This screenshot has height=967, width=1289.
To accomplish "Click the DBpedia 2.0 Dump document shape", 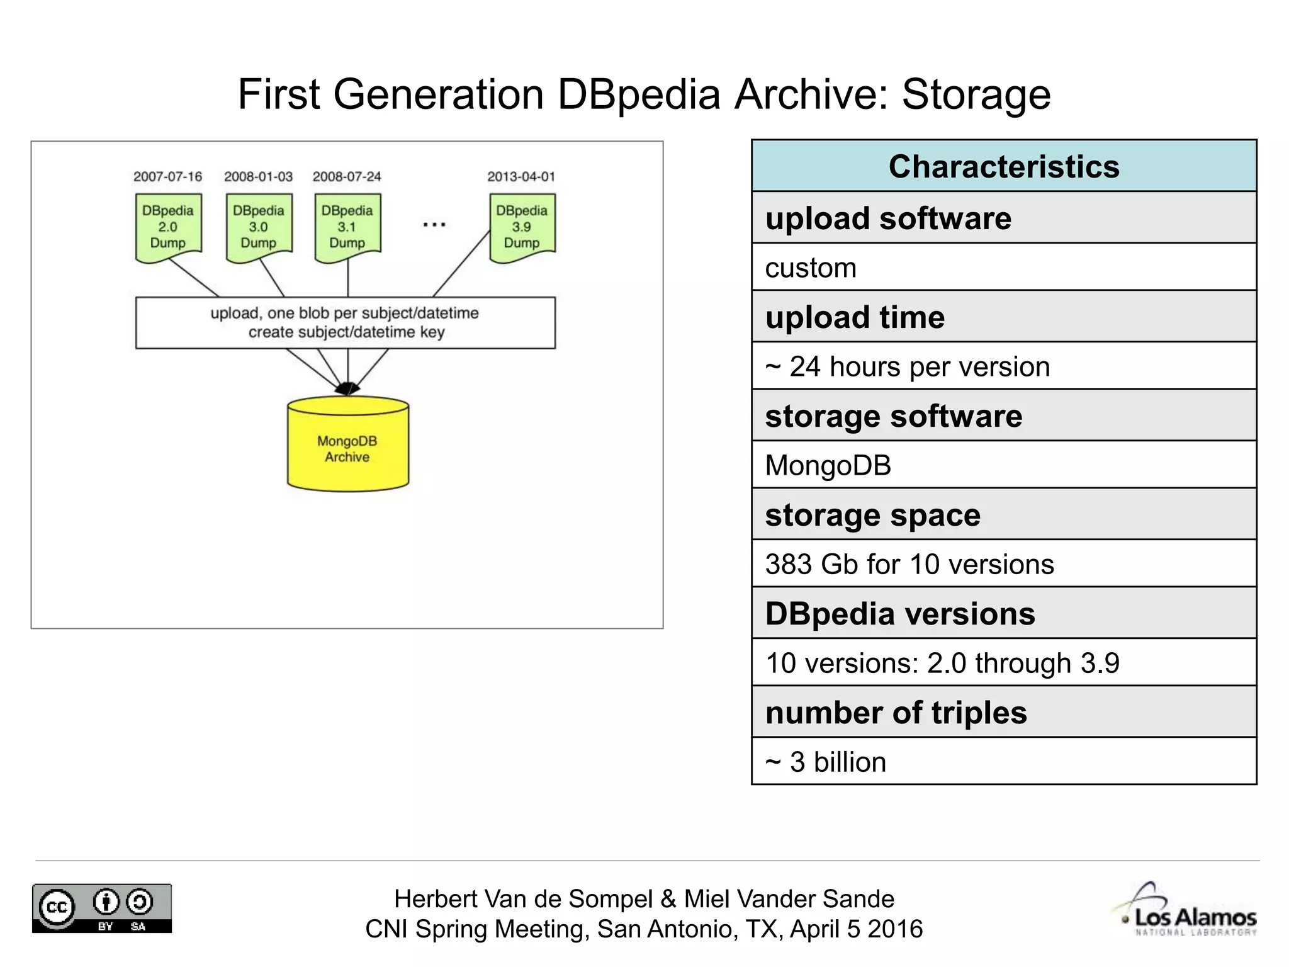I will (x=168, y=227).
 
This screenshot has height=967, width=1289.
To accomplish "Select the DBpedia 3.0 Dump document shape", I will (x=259, y=227).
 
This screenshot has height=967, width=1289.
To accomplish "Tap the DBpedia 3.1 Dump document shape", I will (x=347, y=227).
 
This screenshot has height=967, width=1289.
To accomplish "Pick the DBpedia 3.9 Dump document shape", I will (x=522, y=227).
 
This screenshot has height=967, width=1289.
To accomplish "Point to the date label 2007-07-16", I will (x=167, y=177).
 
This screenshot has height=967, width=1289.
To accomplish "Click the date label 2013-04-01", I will (x=521, y=177).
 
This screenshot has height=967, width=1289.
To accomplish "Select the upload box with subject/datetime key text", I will (x=346, y=322).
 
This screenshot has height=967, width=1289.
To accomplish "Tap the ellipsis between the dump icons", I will (x=434, y=225).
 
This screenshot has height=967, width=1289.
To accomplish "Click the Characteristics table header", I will (x=1004, y=167).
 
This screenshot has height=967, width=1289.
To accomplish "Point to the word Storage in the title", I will (x=976, y=95).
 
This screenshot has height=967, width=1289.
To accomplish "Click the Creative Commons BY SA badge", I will (x=102, y=908).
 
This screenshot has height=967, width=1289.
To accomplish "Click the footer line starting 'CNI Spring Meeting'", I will (x=644, y=929).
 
